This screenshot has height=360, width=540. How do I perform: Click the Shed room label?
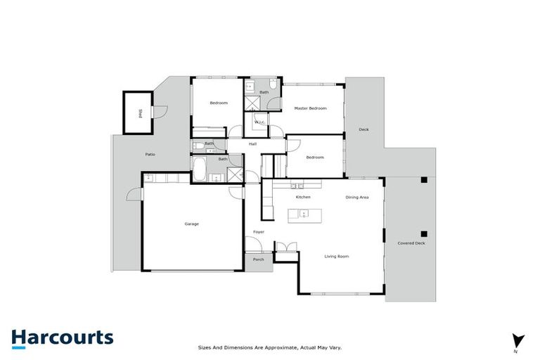140,112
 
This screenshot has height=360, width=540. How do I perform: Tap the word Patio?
150,154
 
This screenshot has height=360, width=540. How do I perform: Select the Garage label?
191,224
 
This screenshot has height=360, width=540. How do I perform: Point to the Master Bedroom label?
310,108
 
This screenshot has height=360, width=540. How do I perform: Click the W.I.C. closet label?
259,122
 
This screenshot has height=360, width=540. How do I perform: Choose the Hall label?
252,144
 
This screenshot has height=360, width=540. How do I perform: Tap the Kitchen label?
303,197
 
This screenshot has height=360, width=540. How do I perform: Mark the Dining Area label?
357,197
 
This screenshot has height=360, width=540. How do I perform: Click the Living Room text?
336,256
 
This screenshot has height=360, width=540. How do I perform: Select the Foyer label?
258,232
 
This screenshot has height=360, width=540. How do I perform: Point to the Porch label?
258,259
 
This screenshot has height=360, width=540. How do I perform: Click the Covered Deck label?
411,243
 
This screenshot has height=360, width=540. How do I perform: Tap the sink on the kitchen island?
303,212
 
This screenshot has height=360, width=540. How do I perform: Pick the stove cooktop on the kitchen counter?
297,186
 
